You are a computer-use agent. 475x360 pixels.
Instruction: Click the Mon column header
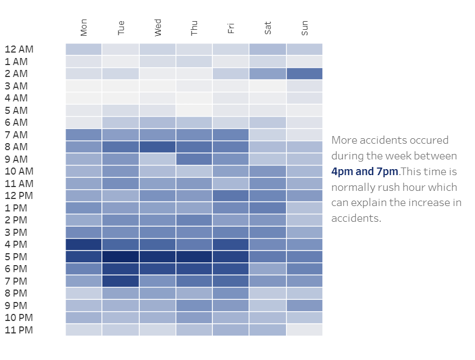[x=83, y=28]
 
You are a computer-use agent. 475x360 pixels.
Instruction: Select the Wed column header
[x=158, y=28]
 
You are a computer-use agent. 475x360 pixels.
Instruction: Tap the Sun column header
[x=304, y=28]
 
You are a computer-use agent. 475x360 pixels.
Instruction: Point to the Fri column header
[x=231, y=28]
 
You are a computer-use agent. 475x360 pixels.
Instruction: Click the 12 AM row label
[x=19, y=49]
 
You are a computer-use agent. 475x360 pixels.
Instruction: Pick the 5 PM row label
[x=16, y=257]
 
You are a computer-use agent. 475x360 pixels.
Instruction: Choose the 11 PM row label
[x=19, y=330]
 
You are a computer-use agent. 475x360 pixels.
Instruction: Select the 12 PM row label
[x=19, y=196]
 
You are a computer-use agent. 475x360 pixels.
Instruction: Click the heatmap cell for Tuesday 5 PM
[x=121, y=256]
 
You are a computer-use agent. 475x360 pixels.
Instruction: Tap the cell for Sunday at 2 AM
[x=304, y=74]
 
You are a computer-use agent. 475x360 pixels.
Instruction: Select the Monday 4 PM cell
[x=83, y=245]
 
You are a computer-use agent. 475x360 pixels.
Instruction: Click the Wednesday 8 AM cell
[x=158, y=147]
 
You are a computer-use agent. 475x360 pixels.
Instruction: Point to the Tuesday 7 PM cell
[x=121, y=281]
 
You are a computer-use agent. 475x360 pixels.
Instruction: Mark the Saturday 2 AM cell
[x=268, y=74]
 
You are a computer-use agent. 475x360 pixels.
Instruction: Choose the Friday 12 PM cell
[x=231, y=196]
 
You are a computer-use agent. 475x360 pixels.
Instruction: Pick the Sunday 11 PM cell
[x=304, y=330]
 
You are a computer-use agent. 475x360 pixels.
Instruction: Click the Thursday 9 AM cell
[x=194, y=159]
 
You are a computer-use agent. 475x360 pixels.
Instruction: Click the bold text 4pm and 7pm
[x=365, y=172]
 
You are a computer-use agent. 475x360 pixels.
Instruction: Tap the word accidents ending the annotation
[x=356, y=218]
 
